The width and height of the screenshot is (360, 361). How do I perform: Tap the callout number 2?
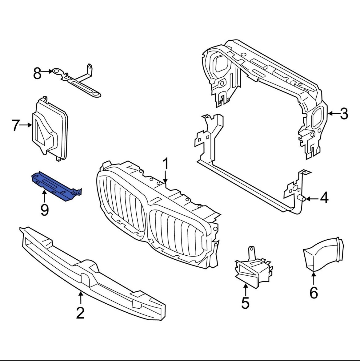point(80,313)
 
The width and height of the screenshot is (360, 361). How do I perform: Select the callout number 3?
point(344,114)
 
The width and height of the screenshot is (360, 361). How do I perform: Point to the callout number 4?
point(324,198)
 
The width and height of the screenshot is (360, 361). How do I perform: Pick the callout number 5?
point(245,303)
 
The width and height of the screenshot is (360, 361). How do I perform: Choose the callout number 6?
point(314,293)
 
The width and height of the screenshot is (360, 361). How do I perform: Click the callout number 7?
point(16,125)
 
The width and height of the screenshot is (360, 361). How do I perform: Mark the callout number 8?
point(37,74)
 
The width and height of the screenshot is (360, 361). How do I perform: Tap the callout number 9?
point(45,210)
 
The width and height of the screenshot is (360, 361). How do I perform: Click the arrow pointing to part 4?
point(311,199)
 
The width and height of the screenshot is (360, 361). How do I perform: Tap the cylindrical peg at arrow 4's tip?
point(302,199)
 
